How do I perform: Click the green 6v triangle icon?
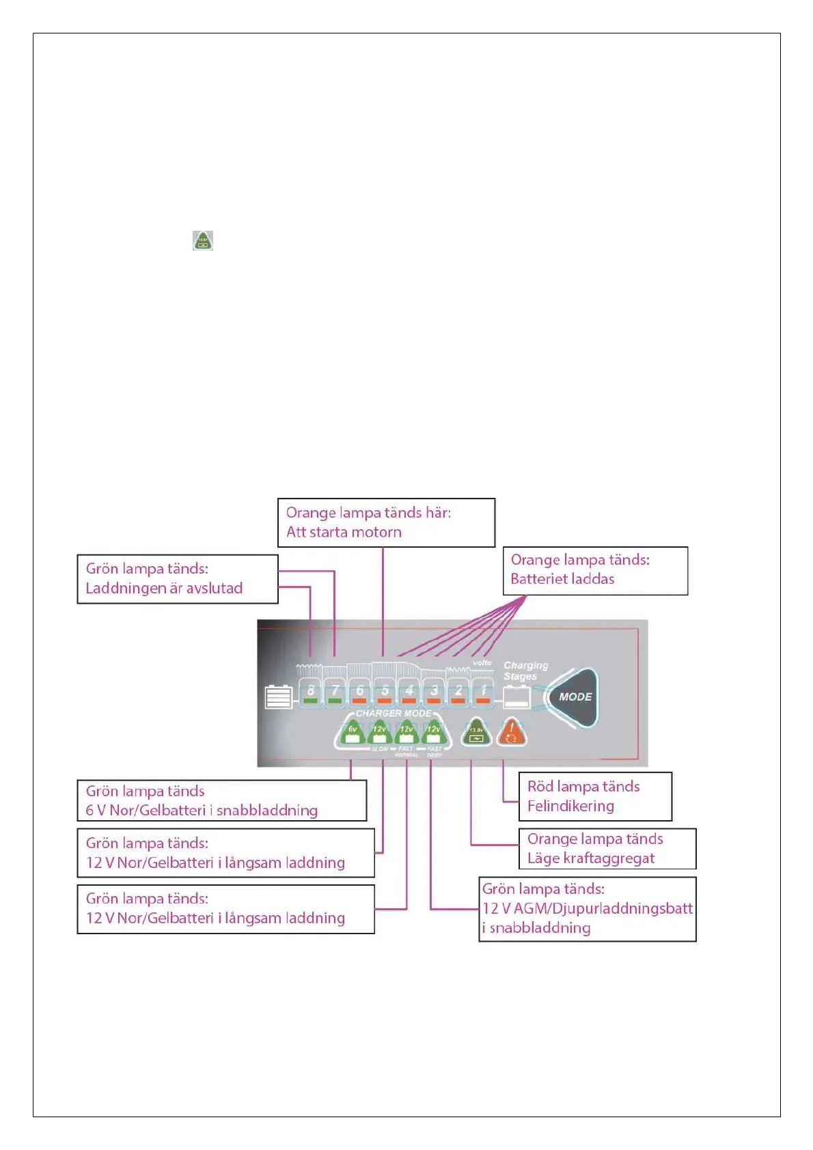(x=353, y=733)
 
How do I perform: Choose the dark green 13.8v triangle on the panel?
(x=476, y=733)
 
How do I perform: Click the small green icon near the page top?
(x=203, y=240)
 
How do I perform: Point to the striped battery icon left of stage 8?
(x=279, y=697)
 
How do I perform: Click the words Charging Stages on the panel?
(x=525, y=671)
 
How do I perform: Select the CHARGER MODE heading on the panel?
(x=394, y=713)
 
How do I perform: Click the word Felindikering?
(x=570, y=806)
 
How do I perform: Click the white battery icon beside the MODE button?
(x=517, y=697)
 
